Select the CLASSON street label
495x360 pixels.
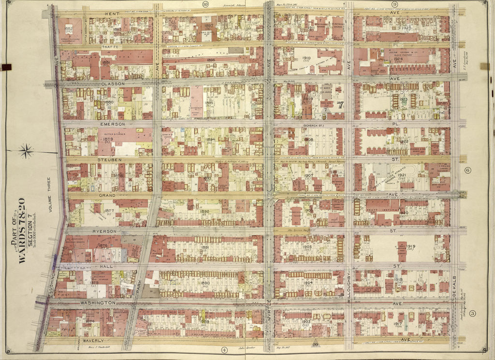pyautogui.click(x=113, y=83)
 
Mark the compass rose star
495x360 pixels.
pyautogui.click(x=27, y=152)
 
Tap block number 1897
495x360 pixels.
pyautogui.click(x=208, y=26)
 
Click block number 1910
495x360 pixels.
pyautogui.click(x=306, y=58)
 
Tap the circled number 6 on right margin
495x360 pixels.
pyautogui.click(x=467, y=170)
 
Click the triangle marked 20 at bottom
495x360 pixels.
pyautogui.click(x=315, y=344)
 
